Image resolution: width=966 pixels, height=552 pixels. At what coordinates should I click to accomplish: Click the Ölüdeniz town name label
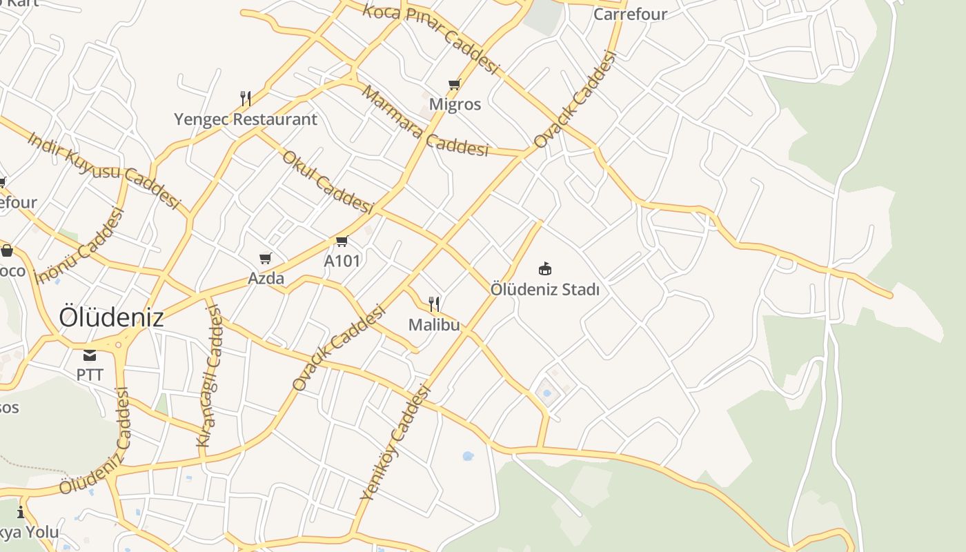(x=111, y=317)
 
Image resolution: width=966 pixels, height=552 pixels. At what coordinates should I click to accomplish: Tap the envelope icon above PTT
(x=90, y=355)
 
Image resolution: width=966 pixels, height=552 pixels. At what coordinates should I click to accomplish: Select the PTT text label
(x=90, y=375)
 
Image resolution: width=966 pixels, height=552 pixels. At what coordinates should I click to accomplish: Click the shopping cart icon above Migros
(x=454, y=85)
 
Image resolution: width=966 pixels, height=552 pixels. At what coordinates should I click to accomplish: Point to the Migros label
(x=455, y=104)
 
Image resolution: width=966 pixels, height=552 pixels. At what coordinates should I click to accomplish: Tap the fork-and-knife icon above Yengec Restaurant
(x=245, y=98)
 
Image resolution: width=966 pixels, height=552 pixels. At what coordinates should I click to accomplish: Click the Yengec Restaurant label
(x=246, y=119)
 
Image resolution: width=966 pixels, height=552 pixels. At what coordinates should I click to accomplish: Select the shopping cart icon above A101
(x=342, y=241)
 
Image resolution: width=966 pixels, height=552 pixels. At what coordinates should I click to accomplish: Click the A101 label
(x=342, y=261)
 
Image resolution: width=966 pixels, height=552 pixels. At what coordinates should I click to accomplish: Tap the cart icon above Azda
(x=266, y=259)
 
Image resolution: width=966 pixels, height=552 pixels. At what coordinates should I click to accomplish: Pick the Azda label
(x=266, y=279)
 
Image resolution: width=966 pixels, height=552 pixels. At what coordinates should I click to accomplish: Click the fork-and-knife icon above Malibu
(x=434, y=304)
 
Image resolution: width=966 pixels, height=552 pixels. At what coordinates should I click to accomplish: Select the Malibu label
(x=434, y=324)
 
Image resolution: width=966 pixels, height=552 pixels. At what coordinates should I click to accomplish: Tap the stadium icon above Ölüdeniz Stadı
(x=545, y=268)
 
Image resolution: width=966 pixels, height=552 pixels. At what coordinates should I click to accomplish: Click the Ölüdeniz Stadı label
(x=545, y=289)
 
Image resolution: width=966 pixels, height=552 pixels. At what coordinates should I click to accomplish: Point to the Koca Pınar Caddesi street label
(x=431, y=39)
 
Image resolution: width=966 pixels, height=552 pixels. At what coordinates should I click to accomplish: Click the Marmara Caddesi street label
(x=424, y=121)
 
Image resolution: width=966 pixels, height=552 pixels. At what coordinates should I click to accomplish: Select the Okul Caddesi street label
(x=327, y=181)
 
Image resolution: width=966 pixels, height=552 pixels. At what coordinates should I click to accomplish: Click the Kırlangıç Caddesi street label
(x=210, y=376)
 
